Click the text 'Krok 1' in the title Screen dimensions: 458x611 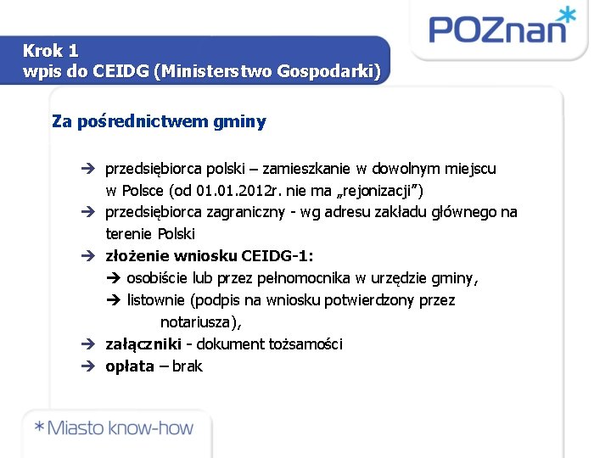(51, 51)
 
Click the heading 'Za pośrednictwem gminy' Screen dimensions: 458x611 (159, 121)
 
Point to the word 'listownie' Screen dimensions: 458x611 (159, 300)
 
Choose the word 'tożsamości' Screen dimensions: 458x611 (305, 344)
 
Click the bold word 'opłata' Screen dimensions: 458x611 (130, 366)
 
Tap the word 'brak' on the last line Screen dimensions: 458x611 (188, 366)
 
